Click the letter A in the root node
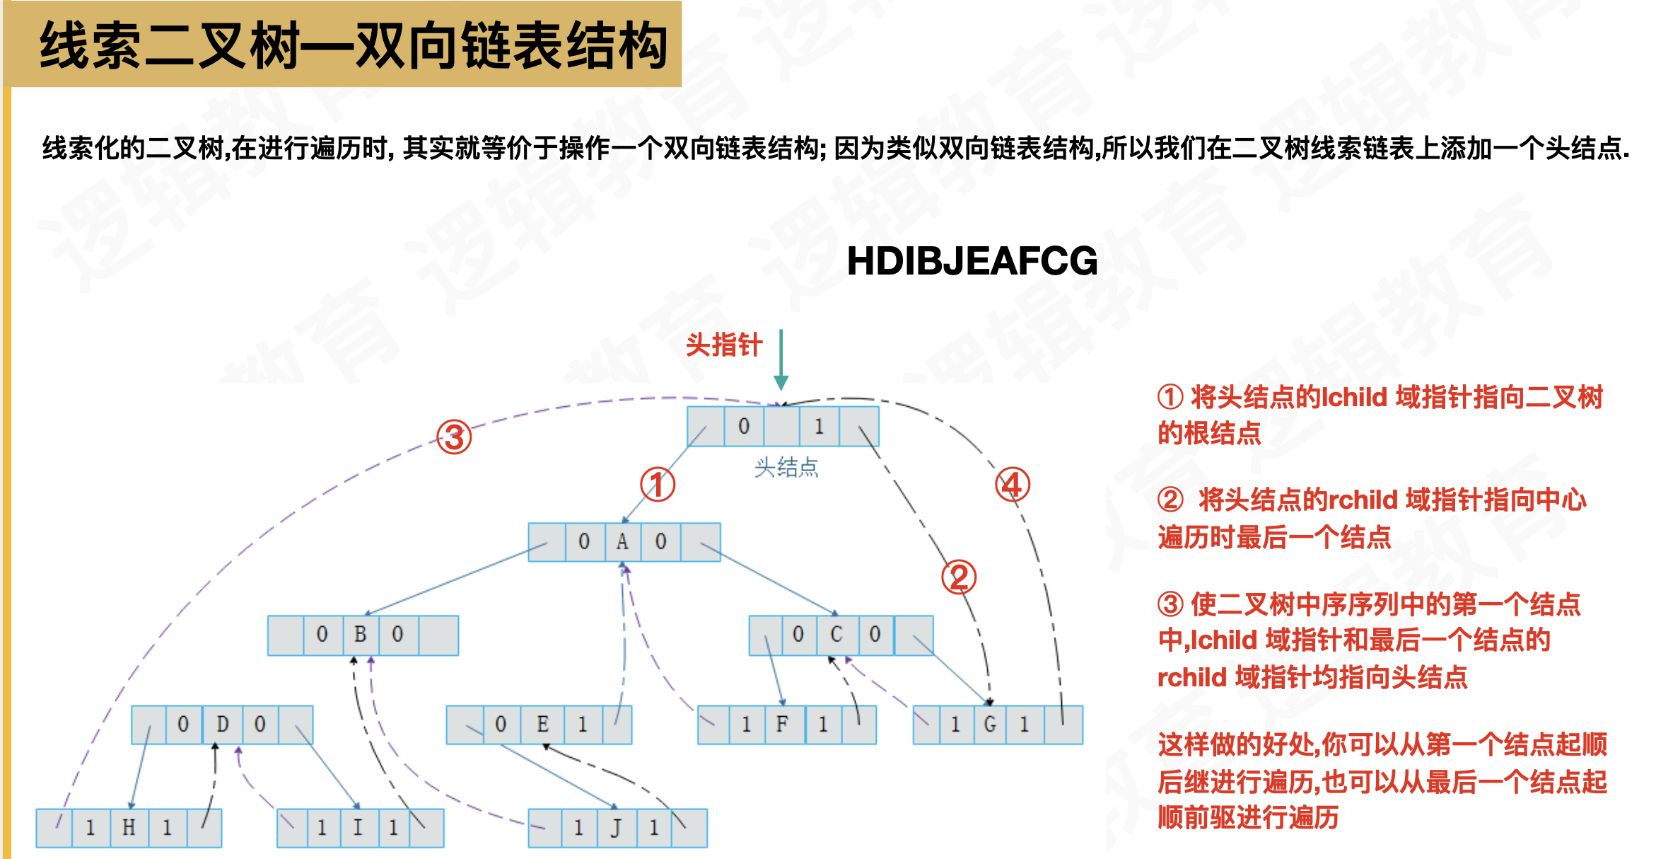(x=622, y=542)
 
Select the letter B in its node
(x=360, y=634)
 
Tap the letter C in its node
(x=836, y=634)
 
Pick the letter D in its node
(x=223, y=724)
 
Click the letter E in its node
(x=542, y=724)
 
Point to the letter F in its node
(x=782, y=724)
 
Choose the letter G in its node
(x=990, y=724)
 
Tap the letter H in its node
(x=129, y=827)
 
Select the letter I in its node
(x=358, y=827)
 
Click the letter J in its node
(x=616, y=827)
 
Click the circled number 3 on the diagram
(x=454, y=437)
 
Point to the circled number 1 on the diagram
(x=658, y=485)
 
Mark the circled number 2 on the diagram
(x=959, y=577)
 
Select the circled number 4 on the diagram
(x=1013, y=485)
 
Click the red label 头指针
(x=724, y=345)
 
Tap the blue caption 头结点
(x=786, y=468)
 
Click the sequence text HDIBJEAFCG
(x=972, y=260)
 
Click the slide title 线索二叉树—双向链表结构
(x=354, y=45)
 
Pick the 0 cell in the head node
(x=744, y=426)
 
